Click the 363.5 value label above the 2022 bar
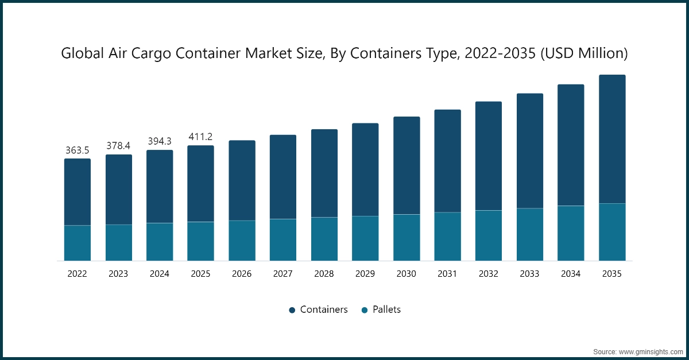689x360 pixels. [x=77, y=150]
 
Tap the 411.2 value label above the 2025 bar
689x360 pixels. [x=200, y=137]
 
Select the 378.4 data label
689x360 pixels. [x=118, y=146]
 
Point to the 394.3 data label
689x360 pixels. [x=159, y=141]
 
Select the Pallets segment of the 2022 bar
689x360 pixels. [x=77, y=243]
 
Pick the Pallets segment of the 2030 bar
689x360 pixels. [x=407, y=237]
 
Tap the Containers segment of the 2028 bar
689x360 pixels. [x=324, y=173]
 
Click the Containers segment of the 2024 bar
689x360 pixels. [x=159, y=187]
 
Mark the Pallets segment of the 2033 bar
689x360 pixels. [x=530, y=234]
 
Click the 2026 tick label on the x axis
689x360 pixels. [x=242, y=274]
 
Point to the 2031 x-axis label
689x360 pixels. [x=447, y=274]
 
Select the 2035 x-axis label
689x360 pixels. [x=612, y=274]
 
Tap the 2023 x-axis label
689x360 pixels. [x=118, y=274]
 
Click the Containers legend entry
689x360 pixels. [x=318, y=309]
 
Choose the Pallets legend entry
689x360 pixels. [x=381, y=309]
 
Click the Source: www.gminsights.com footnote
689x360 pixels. [x=637, y=350]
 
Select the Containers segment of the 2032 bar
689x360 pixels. [x=489, y=156]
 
